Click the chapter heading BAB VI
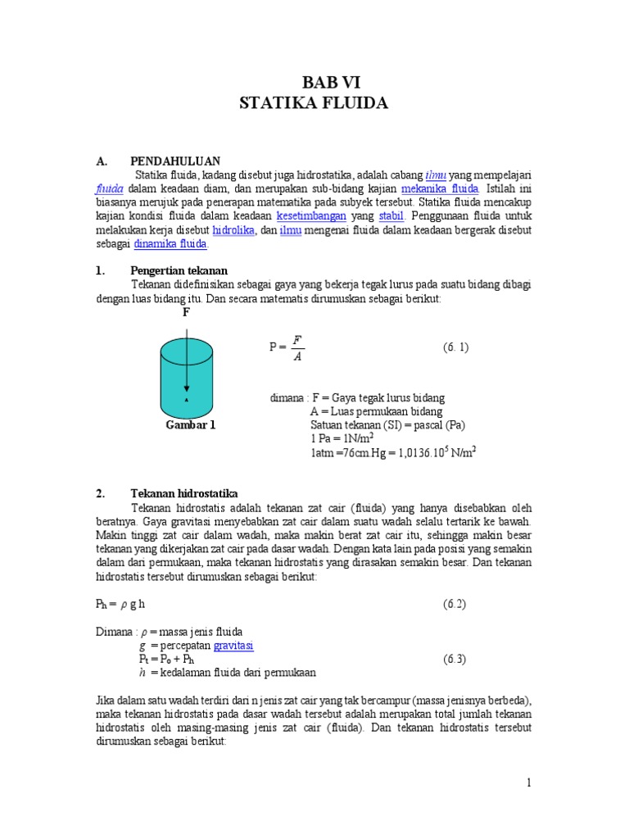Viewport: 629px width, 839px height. click(x=331, y=82)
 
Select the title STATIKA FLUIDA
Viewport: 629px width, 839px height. click(x=314, y=103)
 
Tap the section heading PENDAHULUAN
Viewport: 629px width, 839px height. click(x=175, y=161)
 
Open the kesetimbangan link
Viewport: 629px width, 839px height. click(x=311, y=215)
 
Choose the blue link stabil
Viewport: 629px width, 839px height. click(x=391, y=215)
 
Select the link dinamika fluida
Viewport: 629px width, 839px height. click(x=171, y=244)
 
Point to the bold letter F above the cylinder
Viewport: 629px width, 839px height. click(x=186, y=313)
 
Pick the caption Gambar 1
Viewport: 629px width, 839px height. click(x=190, y=425)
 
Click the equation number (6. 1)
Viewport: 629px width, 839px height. click(x=456, y=347)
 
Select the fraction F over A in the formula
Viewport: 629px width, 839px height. click(x=297, y=347)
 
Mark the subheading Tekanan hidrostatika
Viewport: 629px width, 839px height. click(x=183, y=493)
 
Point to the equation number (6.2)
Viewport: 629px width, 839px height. click(x=455, y=604)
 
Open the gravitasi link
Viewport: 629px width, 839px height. click(x=233, y=646)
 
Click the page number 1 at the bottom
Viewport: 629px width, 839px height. click(x=529, y=783)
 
